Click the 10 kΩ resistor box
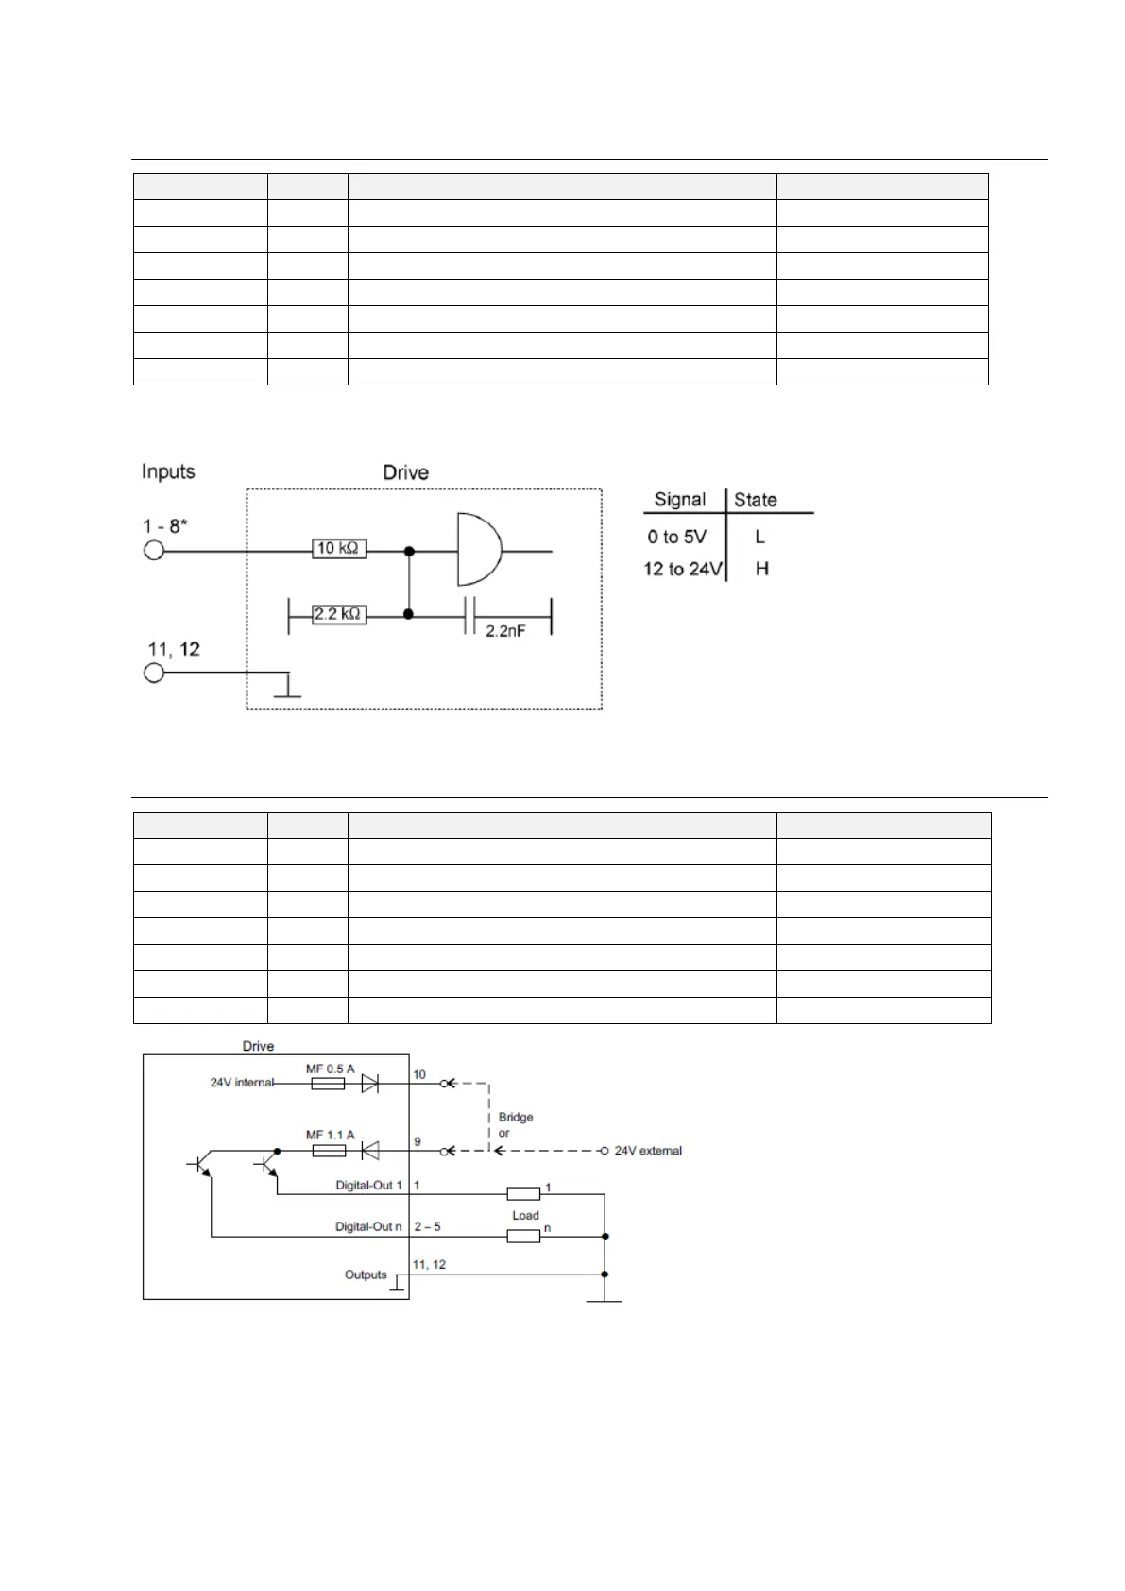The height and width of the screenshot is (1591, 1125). (x=339, y=549)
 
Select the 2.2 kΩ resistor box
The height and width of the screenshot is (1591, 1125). (x=339, y=614)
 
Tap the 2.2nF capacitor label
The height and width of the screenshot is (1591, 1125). (x=505, y=631)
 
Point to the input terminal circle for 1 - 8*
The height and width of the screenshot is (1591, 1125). (x=154, y=550)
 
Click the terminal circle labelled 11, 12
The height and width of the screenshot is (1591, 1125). (x=154, y=673)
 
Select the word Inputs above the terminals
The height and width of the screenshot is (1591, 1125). (x=168, y=471)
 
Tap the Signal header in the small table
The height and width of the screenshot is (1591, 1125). (x=679, y=500)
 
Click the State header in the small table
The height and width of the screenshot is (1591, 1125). (x=756, y=500)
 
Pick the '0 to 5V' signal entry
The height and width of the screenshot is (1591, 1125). (x=676, y=537)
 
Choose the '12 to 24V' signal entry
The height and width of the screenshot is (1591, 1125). (x=682, y=569)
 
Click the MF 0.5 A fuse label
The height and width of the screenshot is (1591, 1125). (x=330, y=1069)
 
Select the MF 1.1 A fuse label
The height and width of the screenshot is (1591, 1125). (x=330, y=1135)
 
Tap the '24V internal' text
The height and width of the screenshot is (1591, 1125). (x=242, y=1083)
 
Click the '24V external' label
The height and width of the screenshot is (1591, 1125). (x=648, y=1151)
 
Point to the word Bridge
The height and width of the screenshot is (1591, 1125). (x=516, y=1117)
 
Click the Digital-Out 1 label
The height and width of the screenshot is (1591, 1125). (x=368, y=1185)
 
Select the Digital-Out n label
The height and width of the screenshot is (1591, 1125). (x=368, y=1226)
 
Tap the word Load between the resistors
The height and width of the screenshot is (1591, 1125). (x=525, y=1215)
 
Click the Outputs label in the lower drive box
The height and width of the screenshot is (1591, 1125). (x=366, y=1275)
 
